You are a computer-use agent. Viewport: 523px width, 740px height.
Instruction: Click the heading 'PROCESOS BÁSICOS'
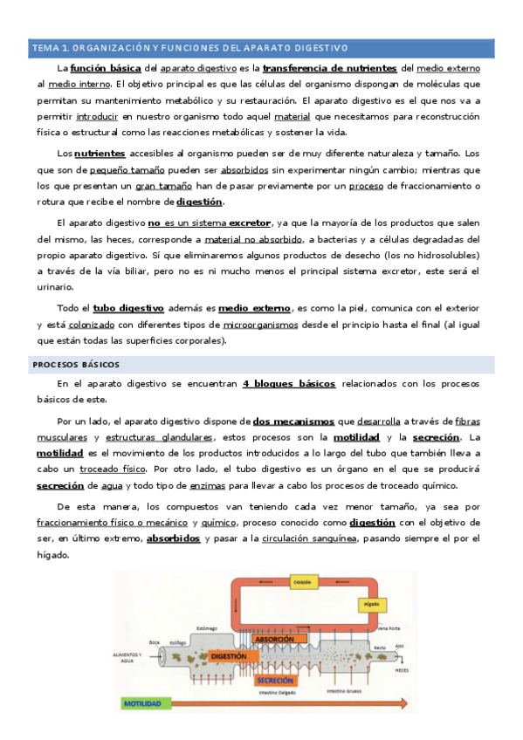[x=78, y=364]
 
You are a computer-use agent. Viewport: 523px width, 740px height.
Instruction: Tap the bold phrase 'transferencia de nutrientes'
[x=329, y=67]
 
